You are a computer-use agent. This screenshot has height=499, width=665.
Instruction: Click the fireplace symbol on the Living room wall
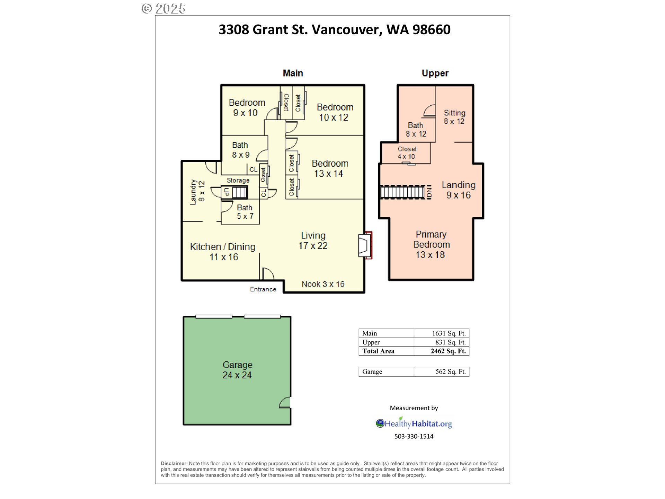click(365, 245)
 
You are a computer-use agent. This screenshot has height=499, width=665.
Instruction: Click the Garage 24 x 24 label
click(237, 370)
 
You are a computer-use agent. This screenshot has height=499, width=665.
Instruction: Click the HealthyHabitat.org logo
click(414, 423)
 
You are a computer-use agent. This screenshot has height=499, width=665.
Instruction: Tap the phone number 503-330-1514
click(414, 437)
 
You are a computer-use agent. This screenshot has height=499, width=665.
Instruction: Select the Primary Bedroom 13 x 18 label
click(431, 244)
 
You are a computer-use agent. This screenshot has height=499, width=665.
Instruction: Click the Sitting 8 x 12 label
click(454, 117)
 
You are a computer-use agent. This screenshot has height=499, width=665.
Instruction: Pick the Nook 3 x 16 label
click(323, 284)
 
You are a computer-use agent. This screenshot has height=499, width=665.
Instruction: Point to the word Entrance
click(263, 289)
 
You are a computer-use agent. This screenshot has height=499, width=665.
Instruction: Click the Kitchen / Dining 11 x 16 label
click(223, 252)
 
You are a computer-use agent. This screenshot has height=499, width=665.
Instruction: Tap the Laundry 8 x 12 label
click(197, 192)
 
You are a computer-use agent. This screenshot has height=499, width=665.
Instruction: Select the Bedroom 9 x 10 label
click(247, 107)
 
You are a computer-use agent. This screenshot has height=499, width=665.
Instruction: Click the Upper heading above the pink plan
click(435, 73)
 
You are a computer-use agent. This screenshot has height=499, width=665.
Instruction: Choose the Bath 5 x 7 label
click(245, 212)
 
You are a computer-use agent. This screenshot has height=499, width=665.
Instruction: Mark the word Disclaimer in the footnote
click(174, 464)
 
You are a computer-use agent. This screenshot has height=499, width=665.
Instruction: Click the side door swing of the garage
click(285, 402)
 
